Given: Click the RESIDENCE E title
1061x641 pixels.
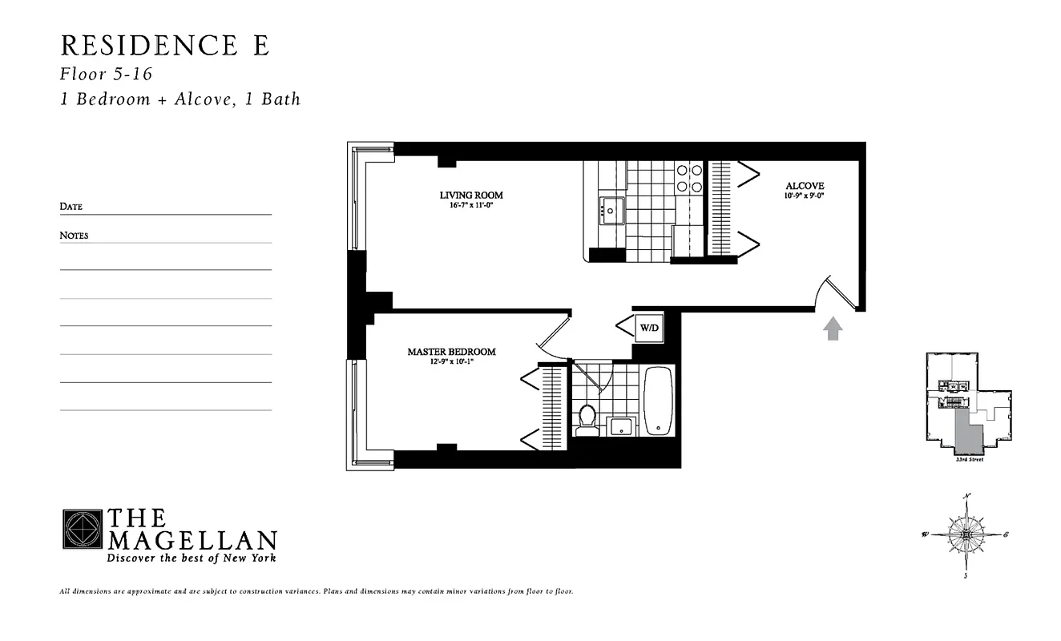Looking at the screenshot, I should pyautogui.click(x=164, y=45).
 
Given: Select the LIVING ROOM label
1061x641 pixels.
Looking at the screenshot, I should pyautogui.click(x=471, y=195).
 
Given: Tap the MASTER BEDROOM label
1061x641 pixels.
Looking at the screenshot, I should pyautogui.click(x=451, y=351).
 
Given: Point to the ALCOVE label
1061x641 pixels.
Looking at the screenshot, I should pyautogui.click(x=805, y=186).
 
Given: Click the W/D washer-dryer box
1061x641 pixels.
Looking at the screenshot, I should pyautogui.click(x=648, y=327).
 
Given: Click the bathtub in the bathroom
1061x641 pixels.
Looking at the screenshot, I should pyautogui.click(x=660, y=401).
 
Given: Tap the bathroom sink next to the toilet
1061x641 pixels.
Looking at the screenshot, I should pyautogui.click(x=622, y=425).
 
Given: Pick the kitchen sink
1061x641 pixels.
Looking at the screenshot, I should pyautogui.click(x=611, y=212).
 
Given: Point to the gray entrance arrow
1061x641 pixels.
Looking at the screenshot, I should pyautogui.click(x=833, y=329).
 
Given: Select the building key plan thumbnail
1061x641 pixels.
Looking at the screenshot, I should pyautogui.click(x=967, y=405).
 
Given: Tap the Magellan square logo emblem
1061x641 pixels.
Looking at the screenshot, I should pyautogui.click(x=83, y=529).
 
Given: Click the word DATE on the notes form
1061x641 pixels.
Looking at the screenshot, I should pyautogui.click(x=71, y=207).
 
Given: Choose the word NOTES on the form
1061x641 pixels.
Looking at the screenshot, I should pyautogui.click(x=74, y=236).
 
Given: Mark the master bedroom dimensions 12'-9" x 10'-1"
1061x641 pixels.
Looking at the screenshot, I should pyautogui.click(x=451, y=361).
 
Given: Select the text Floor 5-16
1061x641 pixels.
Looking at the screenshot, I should pyautogui.click(x=106, y=74).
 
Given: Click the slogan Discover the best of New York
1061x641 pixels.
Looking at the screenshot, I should pyautogui.click(x=191, y=558).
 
